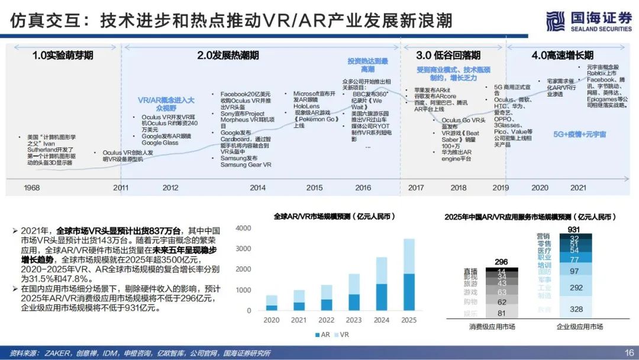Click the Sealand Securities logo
[x=588, y=21]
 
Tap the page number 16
[x=629, y=353]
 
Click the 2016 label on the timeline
[x=363, y=188]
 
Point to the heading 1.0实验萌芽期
[x=63, y=56]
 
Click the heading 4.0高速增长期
[x=561, y=56]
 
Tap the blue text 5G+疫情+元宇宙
[x=579, y=134]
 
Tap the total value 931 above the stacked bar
[x=574, y=229]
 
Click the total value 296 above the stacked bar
[x=501, y=262]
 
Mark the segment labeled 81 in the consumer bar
[x=502, y=313]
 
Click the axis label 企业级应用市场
[x=579, y=327]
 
